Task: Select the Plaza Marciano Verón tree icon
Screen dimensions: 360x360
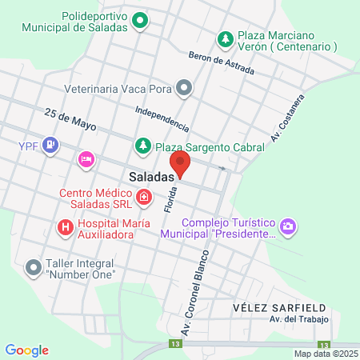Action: pyautogui.click(x=226, y=39)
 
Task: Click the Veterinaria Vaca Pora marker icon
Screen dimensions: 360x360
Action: pyautogui.click(x=185, y=87)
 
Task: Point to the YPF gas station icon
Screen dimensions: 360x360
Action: pyautogui.click(x=50, y=145)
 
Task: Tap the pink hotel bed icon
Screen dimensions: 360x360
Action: pyautogui.click(x=86, y=160)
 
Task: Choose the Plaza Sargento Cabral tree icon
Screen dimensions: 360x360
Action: pyautogui.click(x=142, y=146)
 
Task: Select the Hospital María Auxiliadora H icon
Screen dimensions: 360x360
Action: pyautogui.click(x=66, y=227)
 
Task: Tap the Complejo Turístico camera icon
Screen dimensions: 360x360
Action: pyautogui.click(x=288, y=228)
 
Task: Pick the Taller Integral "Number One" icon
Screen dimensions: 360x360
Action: pyautogui.click(x=34, y=267)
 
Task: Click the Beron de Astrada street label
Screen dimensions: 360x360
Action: pyautogui.click(x=221, y=64)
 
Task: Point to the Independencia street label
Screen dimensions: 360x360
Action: pyautogui.click(x=162, y=118)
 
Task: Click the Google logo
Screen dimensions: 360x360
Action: pyautogui.click(x=27, y=350)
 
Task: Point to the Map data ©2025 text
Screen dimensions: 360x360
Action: pyautogui.click(x=326, y=354)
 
